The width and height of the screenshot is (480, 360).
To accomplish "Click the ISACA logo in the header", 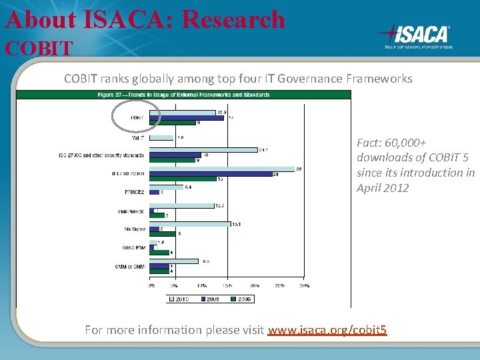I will (415, 35).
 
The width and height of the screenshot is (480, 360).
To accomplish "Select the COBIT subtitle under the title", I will (39, 48).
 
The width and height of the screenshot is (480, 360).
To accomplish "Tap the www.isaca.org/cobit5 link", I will (327, 330).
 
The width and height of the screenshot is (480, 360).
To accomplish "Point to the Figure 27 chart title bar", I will (183, 95).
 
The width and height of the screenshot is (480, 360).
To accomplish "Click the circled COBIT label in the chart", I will (137, 117).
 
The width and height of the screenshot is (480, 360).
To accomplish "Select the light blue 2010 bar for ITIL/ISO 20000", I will (222, 169).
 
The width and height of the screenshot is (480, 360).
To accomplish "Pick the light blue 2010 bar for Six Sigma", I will (190, 224).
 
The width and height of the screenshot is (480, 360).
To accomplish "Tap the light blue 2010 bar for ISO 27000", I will (203, 150).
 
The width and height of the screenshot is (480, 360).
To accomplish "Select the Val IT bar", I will (162, 137).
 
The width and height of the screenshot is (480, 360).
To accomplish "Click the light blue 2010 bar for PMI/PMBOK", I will (182, 205).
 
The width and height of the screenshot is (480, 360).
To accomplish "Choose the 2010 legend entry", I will (178, 299).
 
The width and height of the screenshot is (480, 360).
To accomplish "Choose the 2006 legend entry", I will (241, 299).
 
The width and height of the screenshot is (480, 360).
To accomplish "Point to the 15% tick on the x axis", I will (227, 285).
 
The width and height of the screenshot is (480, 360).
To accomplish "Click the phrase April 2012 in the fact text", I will (382, 187).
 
